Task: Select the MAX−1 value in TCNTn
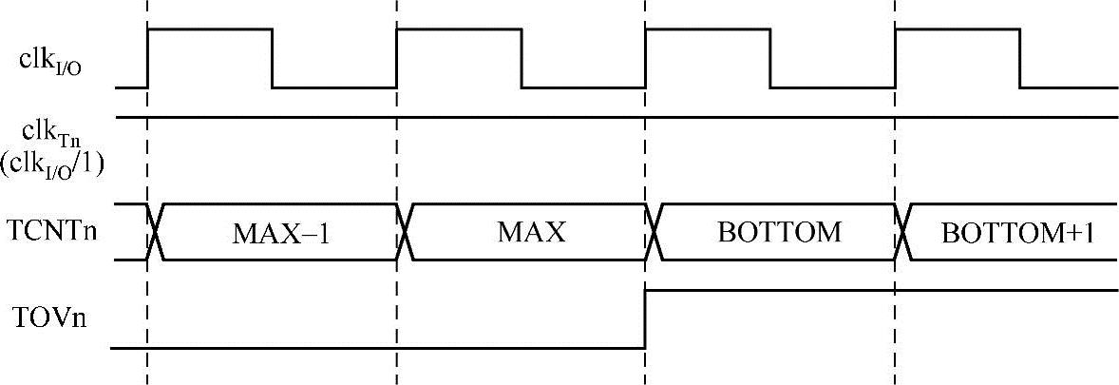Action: [x=281, y=233]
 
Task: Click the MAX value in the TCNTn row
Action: [x=531, y=232]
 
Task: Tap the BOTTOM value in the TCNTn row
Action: [x=779, y=232]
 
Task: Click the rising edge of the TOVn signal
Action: [x=646, y=318]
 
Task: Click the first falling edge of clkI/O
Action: [x=273, y=58]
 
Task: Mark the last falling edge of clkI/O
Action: [x=1020, y=58]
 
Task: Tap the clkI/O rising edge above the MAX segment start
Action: [x=397, y=58]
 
